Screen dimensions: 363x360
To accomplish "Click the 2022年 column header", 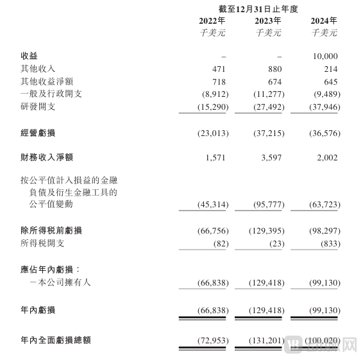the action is point(212,21).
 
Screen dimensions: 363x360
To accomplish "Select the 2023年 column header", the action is point(267,21).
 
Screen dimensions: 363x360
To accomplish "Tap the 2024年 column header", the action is point(323,21).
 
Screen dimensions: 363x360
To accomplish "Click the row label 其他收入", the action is point(38,69).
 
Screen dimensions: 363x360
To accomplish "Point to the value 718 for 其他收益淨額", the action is point(220,81).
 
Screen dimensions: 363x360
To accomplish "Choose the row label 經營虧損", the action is point(38,133).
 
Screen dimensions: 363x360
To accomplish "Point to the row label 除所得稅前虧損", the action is point(51,230).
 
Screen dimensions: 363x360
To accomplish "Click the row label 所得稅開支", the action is point(42,243).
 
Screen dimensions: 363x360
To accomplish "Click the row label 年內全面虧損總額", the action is point(56,339).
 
